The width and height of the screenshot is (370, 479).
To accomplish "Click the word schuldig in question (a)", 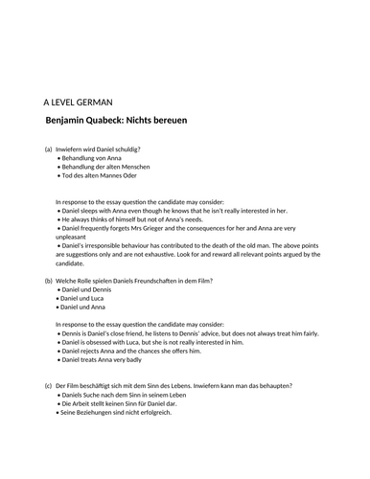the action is (x=126, y=149).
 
